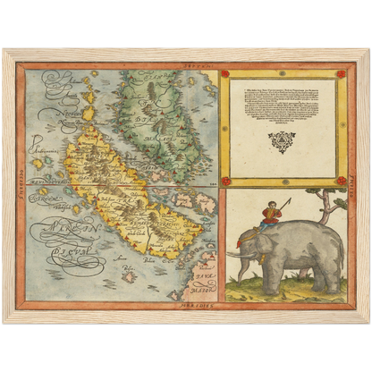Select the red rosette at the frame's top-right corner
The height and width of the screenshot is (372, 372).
pyautogui.click(x=340, y=73)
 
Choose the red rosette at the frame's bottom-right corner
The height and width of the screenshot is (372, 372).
pyautogui.click(x=340, y=181)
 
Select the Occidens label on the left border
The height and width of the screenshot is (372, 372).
pyautogui.click(x=19, y=188)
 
